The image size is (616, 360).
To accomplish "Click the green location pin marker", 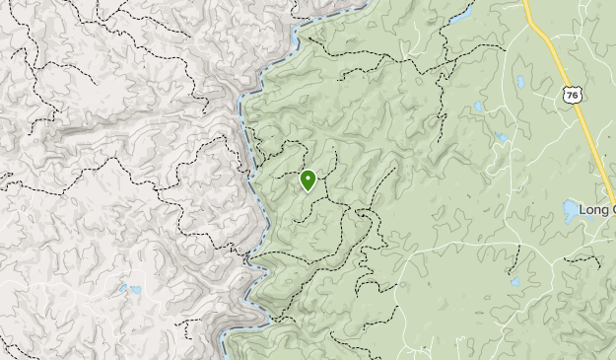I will point(308,180).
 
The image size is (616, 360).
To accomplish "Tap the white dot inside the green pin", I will point(308,178).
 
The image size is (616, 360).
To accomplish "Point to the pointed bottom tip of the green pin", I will point(308,191).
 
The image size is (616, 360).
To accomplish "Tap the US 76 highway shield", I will point(570,95).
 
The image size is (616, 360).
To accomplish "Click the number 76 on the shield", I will point(570,96).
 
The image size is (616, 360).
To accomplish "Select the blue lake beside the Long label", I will point(571,210).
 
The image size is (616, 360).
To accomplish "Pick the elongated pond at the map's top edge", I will point(460,16).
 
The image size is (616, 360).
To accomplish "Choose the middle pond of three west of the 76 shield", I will point(479,106).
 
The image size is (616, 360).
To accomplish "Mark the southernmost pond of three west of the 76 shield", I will point(502,138).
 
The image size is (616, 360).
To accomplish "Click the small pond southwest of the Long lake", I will point(514,282).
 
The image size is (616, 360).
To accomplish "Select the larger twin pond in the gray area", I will point(134,291).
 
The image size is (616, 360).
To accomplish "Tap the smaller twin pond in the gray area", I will point(122,288).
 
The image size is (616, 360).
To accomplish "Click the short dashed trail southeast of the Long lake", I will point(584,261).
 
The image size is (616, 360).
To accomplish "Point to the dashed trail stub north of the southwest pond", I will point(514,258).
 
